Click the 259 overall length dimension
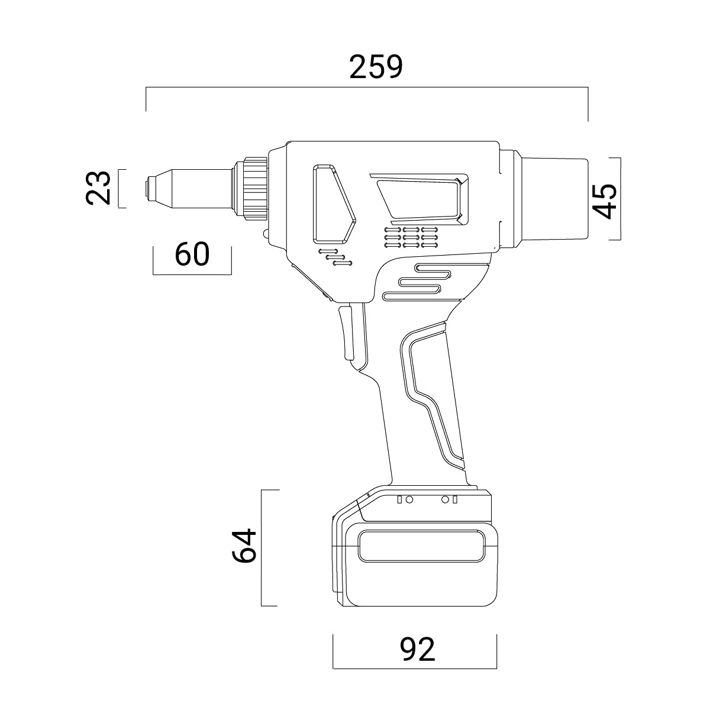click(x=376, y=67)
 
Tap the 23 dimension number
click(x=98, y=188)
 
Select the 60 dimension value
click(x=192, y=254)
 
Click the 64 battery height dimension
click(x=244, y=546)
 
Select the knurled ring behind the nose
click(x=255, y=189)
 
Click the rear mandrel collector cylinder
click(x=553, y=199)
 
